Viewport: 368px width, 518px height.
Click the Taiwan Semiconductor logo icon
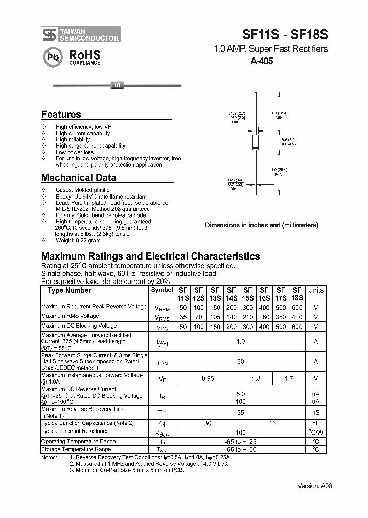(x=50, y=34)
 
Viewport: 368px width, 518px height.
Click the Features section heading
(x=61, y=115)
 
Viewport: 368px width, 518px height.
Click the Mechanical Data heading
(x=78, y=178)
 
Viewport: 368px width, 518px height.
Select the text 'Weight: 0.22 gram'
(x=78, y=241)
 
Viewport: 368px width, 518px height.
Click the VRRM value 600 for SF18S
(x=297, y=308)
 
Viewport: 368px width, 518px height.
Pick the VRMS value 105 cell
(x=215, y=317)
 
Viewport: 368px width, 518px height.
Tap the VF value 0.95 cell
(x=208, y=378)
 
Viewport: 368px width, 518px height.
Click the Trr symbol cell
(x=162, y=413)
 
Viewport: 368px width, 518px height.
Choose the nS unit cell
(x=315, y=413)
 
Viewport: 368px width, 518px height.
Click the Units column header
(x=315, y=290)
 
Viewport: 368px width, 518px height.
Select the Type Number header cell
(x=69, y=290)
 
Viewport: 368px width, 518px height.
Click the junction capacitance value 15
(x=272, y=423)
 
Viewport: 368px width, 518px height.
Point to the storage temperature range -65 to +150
(x=240, y=450)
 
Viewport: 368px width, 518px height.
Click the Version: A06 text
(x=315, y=486)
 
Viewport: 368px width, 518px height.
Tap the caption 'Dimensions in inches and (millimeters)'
(x=261, y=225)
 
